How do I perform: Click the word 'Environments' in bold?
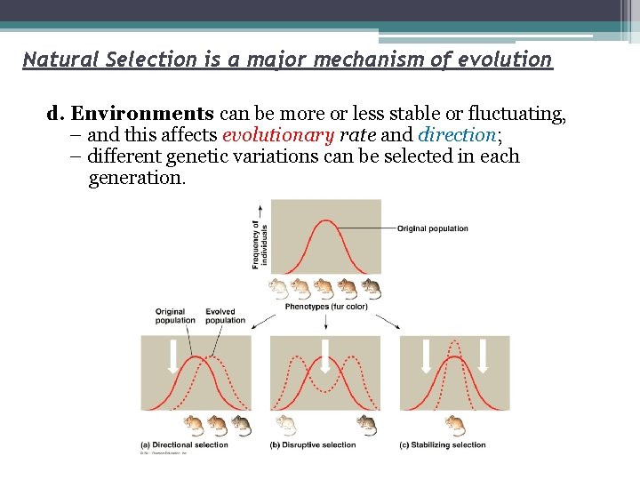tap(142, 114)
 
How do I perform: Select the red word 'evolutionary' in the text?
tap(276, 135)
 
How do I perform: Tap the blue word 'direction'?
tap(456, 135)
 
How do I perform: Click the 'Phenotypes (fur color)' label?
tap(325, 307)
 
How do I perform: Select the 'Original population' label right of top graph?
tap(432, 228)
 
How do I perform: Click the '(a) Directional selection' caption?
tap(184, 445)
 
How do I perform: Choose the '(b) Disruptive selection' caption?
tap(313, 445)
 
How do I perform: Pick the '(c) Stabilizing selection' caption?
tap(443, 445)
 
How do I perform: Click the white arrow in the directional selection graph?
tap(173, 355)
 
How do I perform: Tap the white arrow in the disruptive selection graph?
tap(325, 355)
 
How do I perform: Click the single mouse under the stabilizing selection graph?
tap(455, 424)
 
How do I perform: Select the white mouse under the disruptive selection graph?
tap(286, 424)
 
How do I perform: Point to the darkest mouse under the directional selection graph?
tap(241, 424)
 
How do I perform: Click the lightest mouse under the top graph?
tap(279, 286)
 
